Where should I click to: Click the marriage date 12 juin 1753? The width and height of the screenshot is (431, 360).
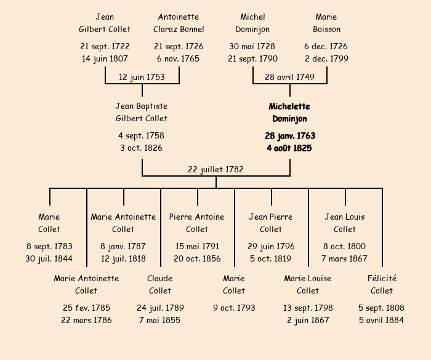(x=142, y=77)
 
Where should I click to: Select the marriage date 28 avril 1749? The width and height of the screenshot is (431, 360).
(x=289, y=77)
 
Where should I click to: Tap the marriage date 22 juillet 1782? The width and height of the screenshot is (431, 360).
(x=216, y=169)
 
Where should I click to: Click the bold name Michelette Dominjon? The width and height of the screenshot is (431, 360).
(x=289, y=113)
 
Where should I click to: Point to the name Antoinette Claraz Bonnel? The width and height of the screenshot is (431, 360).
(x=179, y=23)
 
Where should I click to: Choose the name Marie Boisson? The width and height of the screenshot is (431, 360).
(x=326, y=23)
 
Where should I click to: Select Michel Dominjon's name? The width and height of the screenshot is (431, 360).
(x=252, y=23)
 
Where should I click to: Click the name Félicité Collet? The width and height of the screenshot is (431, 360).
(x=382, y=284)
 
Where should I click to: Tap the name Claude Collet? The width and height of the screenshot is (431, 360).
(x=160, y=284)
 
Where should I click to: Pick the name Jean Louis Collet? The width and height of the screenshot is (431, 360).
(x=345, y=223)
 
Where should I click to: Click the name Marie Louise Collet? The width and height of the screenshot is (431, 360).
(x=308, y=284)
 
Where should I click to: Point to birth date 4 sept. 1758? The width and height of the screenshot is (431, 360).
(x=142, y=135)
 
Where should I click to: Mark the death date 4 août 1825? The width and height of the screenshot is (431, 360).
(x=289, y=148)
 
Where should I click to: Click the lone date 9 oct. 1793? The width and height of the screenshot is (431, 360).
(x=234, y=308)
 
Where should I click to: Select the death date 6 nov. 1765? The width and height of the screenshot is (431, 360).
(x=179, y=58)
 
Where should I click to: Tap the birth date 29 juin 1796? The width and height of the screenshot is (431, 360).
(x=271, y=246)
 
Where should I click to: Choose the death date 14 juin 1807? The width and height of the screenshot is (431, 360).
(x=105, y=58)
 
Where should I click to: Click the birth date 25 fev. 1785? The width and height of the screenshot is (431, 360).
(x=86, y=308)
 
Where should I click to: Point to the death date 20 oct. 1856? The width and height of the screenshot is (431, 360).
(x=197, y=258)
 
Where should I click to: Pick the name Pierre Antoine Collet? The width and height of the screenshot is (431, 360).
(x=197, y=223)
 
